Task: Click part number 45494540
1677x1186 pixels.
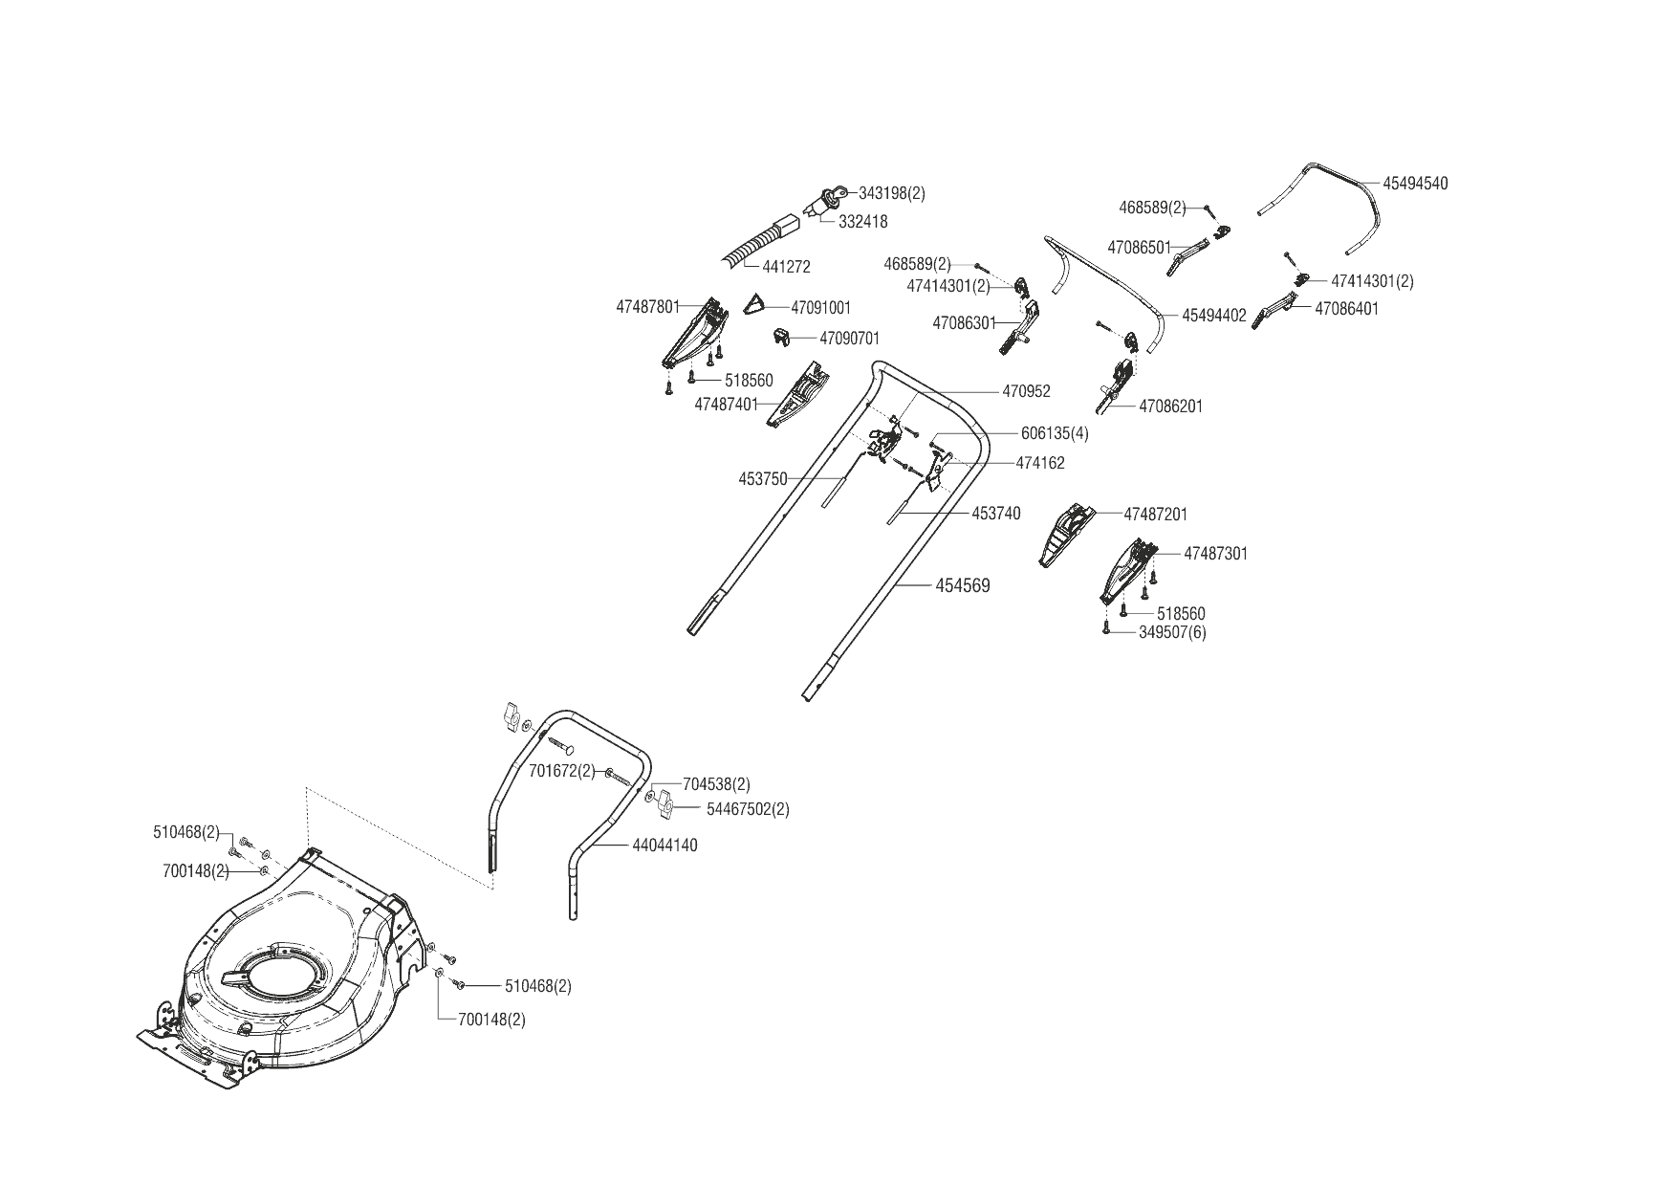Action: [1415, 184]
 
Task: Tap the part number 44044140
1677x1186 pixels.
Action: [664, 846]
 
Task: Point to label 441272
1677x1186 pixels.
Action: [786, 267]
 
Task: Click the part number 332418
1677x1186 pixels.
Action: [862, 222]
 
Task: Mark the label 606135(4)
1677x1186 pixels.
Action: [1048, 433]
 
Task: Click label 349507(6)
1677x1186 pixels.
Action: [1172, 632]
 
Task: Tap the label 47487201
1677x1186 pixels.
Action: [1155, 515]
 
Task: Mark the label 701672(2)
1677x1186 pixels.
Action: [560, 771]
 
